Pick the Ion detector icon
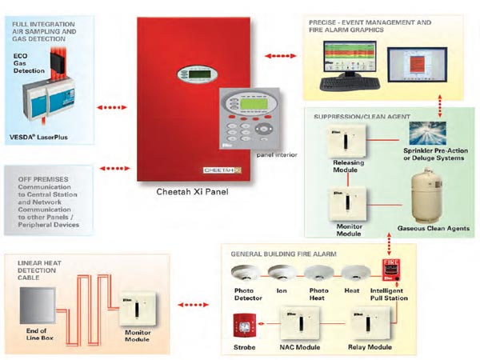pos(279,273)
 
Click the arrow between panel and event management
pos(277,57)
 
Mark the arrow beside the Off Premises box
pos(114,169)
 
